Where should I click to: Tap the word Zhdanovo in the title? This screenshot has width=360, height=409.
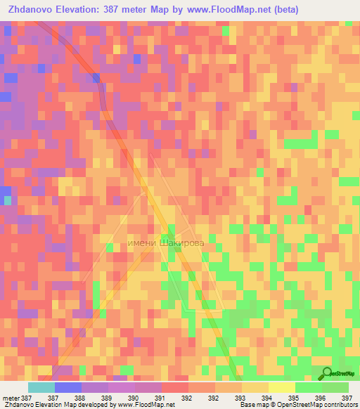point(30,9)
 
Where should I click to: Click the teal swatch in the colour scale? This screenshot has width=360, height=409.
point(41,387)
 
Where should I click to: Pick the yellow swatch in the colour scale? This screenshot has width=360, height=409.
point(281,387)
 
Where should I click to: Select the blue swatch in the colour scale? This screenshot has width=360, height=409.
point(67,387)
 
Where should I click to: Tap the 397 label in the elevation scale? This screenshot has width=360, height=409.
point(347,398)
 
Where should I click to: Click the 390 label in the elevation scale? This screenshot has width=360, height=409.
point(134,398)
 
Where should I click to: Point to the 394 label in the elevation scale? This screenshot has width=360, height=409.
point(267,398)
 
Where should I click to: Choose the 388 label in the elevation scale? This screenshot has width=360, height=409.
point(80,398)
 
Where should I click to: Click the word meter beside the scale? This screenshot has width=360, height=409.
point(11,398)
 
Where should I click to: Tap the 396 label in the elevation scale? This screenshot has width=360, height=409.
point(321,398)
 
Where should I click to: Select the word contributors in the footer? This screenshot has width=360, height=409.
point(340,405)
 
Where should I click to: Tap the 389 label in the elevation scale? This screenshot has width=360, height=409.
point(107,398)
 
